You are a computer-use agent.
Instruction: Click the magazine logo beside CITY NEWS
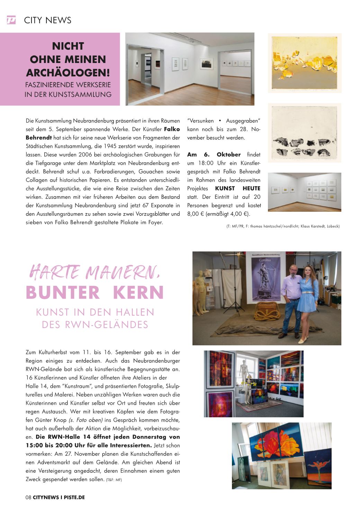(x=11, y=20)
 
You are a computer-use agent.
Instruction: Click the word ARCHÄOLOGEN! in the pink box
(x=68, y=73)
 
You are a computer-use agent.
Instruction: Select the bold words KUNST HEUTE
(x=237, y=189)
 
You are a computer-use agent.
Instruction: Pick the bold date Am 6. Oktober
(x=214, y=155)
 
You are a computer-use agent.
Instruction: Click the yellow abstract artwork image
(x=305, y=63)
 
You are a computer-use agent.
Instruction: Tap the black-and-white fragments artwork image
(x=305, y=133)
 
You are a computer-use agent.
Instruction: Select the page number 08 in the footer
(x=28, y=497)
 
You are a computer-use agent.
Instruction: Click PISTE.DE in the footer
(x=74, y=497)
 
